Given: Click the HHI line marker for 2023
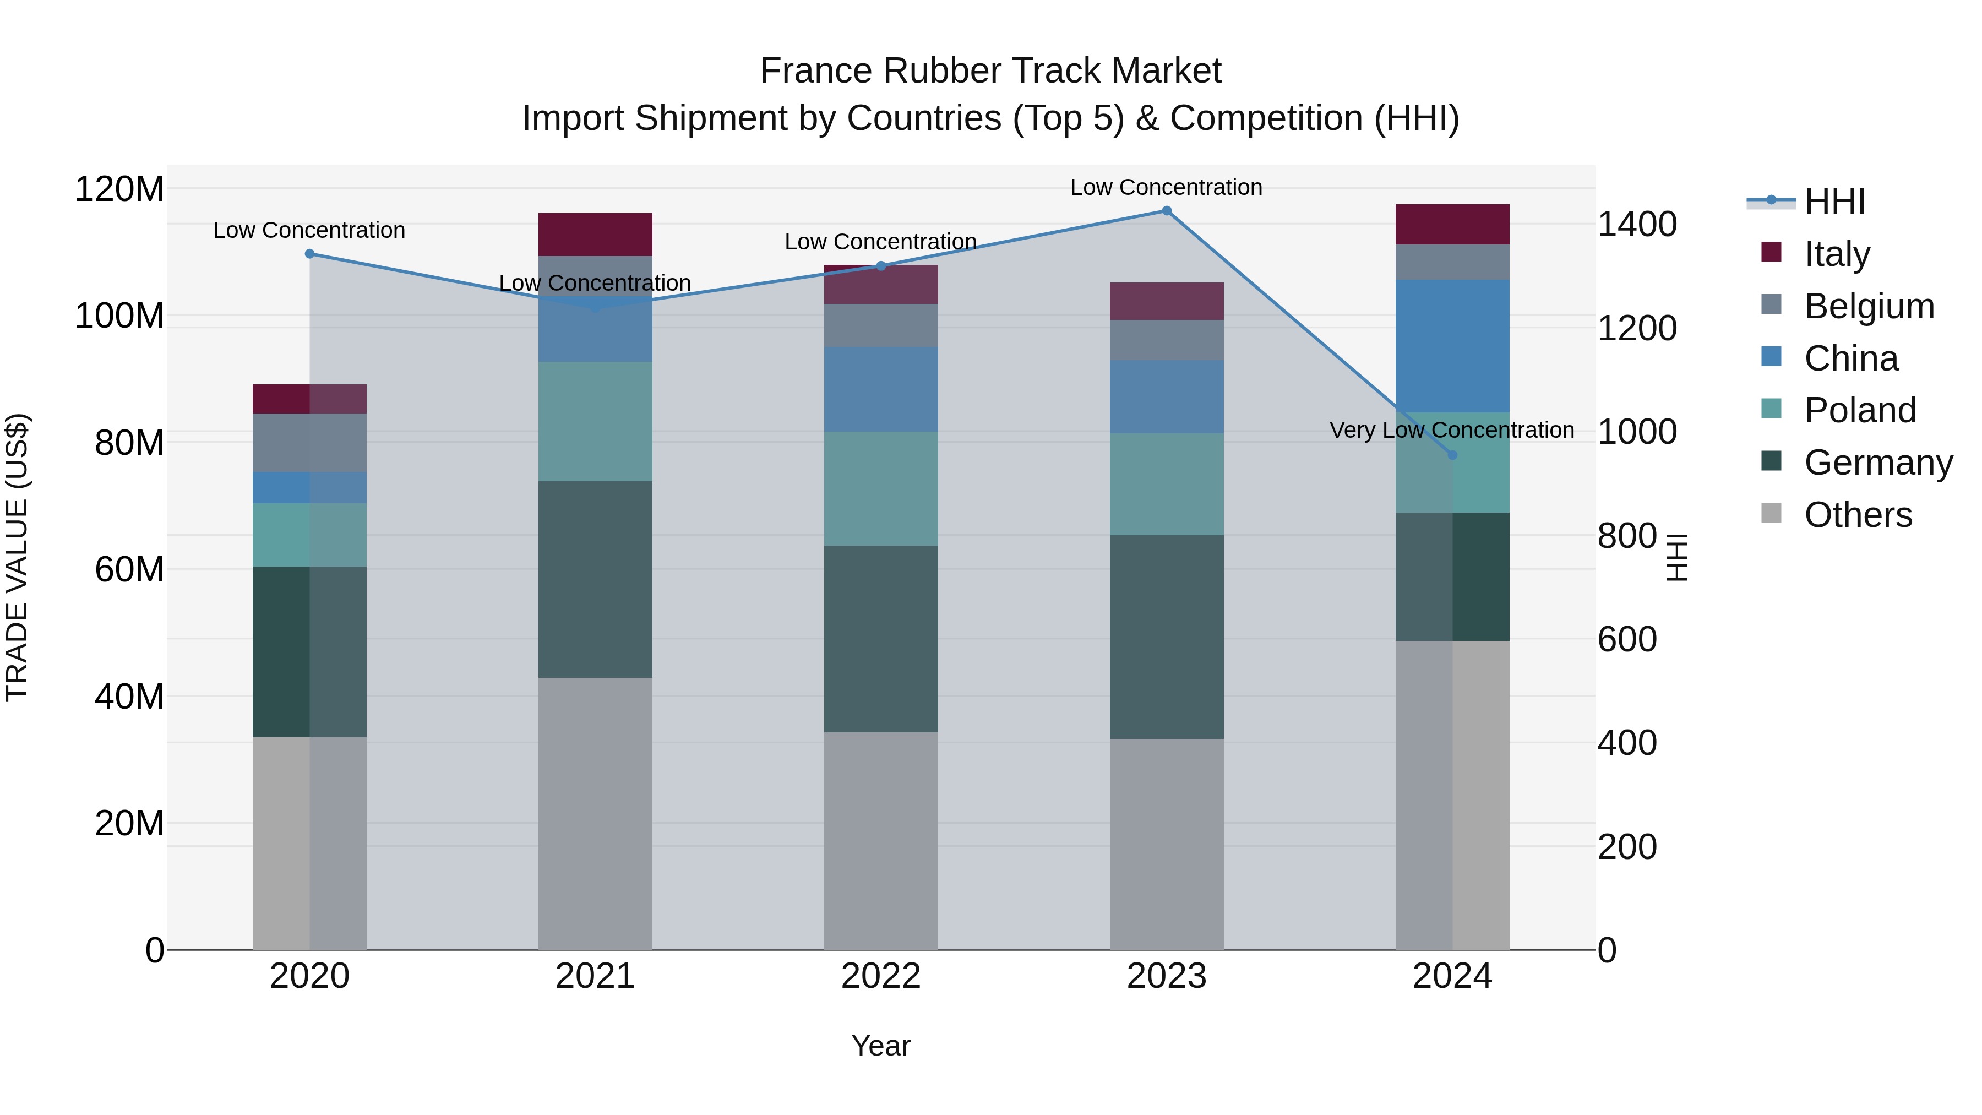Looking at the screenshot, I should coord(1167,211).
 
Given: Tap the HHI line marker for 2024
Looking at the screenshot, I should coord(1452,455).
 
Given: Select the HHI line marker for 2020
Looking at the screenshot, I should coord(309,254).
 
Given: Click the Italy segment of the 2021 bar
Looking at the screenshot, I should coord(595,234).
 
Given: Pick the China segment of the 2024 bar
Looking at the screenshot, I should coord(1452,346).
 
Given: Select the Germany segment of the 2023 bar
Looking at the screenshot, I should coord(1167,637).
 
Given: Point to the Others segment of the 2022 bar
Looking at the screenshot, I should coord(881,840).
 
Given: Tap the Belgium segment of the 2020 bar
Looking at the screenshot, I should coord(309,443).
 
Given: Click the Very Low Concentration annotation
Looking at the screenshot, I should coord(1451,430).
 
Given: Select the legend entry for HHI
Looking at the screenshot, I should coord(1834,202).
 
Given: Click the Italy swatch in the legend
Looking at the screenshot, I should coord(1771,252).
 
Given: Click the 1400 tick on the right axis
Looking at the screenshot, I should coord(1637,225).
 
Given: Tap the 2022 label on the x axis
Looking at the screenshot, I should coord(881,976).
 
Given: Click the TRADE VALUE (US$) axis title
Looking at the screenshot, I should coord(17,557).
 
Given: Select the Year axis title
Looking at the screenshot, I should coord(881,1046).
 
